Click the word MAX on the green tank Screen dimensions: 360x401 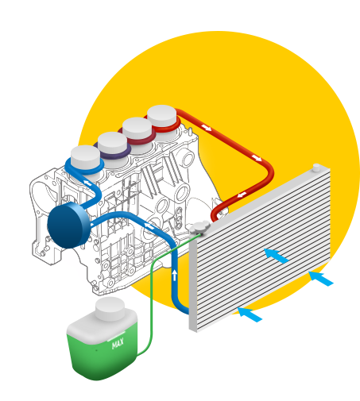tap(118, 344)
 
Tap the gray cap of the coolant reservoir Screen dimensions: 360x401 tap(110, 309)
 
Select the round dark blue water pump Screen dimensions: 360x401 tap(68, 226)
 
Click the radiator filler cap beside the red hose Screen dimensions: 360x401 tap(200, 227)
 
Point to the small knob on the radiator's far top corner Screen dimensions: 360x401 tap(316, 168)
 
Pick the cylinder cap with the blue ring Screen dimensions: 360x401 tap(85, 158)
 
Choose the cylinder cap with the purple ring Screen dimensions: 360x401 tap(112, 145)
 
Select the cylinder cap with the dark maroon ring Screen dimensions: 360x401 tap(137, 130)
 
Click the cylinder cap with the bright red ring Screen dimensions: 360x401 tap(161, 118)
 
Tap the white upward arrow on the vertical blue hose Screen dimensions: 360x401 tap(174, 275)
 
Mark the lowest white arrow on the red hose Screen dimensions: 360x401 tap(242, 195)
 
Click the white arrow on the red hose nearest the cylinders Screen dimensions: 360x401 tap(207, 127)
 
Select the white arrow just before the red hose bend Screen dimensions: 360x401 tap(257, 158)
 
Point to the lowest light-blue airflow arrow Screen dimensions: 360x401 tap(250, 314)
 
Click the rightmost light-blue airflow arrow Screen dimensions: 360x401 tap(321, 279)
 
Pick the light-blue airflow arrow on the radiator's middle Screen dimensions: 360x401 tap(277, 256)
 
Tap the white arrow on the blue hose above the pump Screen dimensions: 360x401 tap(87, 183)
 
